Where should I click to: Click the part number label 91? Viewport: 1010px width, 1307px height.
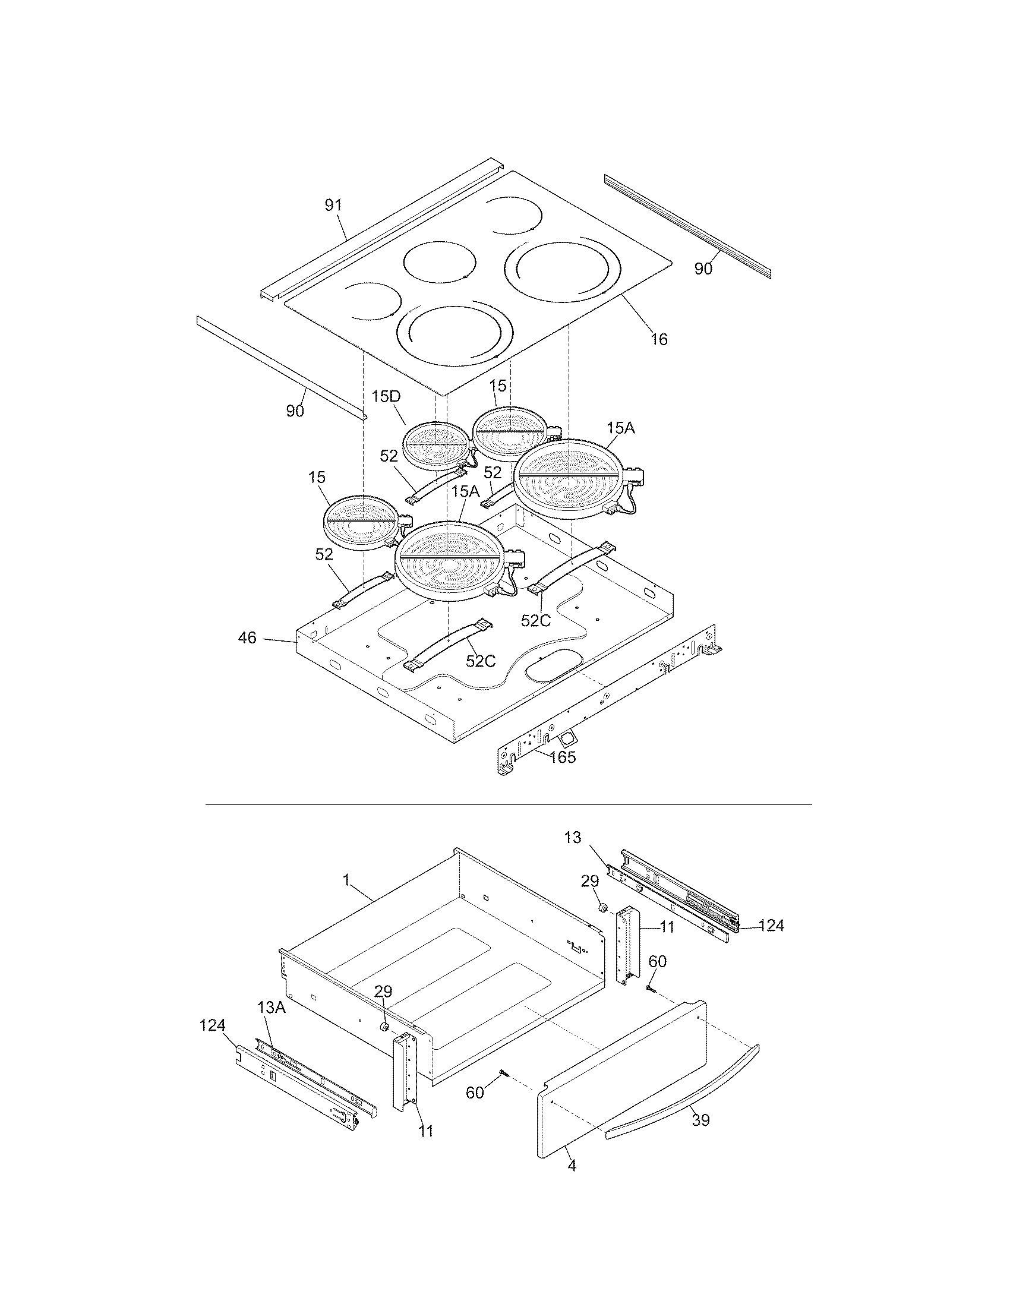pos(333,206)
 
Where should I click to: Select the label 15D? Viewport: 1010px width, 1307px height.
pos(386,397)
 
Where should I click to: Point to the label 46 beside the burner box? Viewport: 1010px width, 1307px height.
pos(247,638)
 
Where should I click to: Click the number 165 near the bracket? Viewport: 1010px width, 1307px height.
pos(563,757)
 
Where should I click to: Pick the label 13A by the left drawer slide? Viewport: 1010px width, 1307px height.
pos(271,1007)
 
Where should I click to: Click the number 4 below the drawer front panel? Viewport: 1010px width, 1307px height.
pos(572,1166)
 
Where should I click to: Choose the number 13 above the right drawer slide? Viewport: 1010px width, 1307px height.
pos(573,837)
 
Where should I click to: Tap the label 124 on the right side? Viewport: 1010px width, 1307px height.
pos(771,926)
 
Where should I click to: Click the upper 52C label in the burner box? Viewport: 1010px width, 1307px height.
pos(535,621)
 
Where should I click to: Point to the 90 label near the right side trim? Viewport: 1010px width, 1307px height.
pos(703,269)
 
